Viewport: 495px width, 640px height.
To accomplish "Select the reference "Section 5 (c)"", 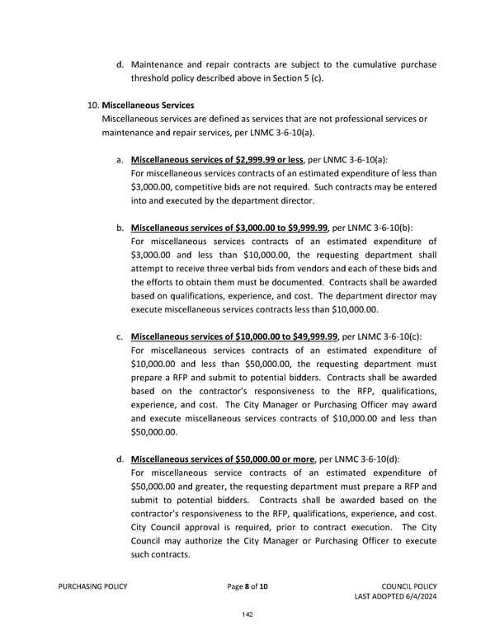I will [x=295, y=78].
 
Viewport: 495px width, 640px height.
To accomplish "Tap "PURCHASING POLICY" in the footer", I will [x=92, y=586].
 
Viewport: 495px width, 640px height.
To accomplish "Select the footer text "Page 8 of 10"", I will [x=247, y=586].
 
